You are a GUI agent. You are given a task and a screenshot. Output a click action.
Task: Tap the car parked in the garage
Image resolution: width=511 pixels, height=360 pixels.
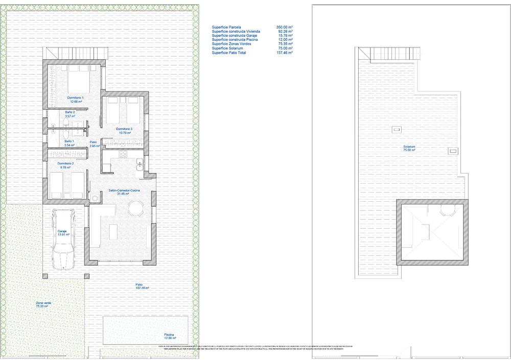click(x=64, y=238)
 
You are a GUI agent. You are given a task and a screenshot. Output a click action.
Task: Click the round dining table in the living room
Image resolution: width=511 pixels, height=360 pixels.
click(x=136, y=208)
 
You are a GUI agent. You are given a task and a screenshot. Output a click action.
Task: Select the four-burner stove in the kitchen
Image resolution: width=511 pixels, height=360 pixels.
click(x=123, y=155)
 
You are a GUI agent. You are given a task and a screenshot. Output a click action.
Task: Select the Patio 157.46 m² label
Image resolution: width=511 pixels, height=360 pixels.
click(x=142, y=286)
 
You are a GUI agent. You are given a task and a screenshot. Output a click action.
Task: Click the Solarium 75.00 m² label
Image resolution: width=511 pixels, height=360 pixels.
click(x=409, y=149)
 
